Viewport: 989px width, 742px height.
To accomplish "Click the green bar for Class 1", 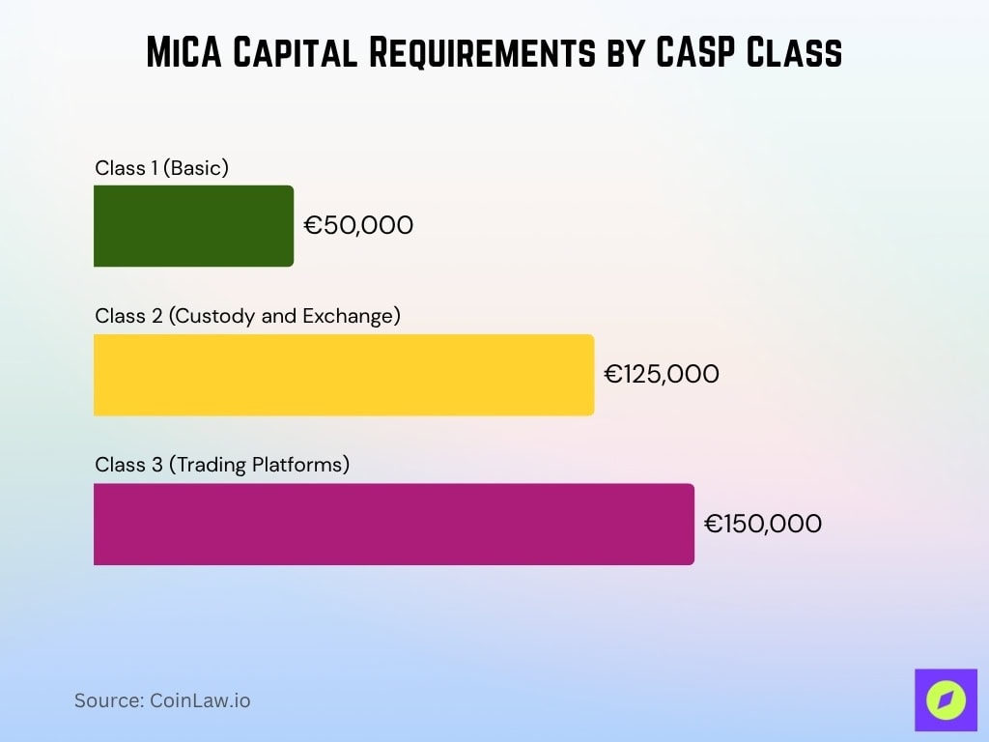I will pos(193,226).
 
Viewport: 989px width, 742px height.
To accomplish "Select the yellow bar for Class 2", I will pos(343,375).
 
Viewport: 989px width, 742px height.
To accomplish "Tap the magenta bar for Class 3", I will pos(393,524).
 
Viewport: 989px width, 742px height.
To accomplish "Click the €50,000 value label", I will pos(358,226).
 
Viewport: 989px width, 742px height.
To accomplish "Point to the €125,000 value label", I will pos(662,375).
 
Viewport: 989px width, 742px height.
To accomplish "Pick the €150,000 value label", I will pos(763,525).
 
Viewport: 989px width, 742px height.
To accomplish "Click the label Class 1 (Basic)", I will pos(161,168).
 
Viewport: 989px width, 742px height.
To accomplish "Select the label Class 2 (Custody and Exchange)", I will pos(247,316).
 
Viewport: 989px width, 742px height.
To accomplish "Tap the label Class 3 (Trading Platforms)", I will pos(222,465).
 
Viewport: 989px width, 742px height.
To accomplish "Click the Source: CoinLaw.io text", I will pos(162,700).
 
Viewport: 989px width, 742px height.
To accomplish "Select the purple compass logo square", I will pos(946,699).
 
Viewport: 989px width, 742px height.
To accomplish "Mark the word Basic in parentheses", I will pos(196,168).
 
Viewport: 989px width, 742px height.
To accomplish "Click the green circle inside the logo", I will pos(946,700).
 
